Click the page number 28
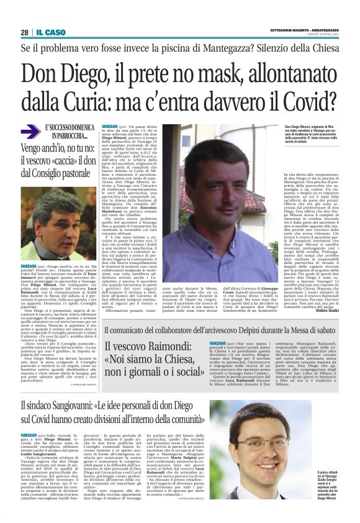click(x=24, y=32)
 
